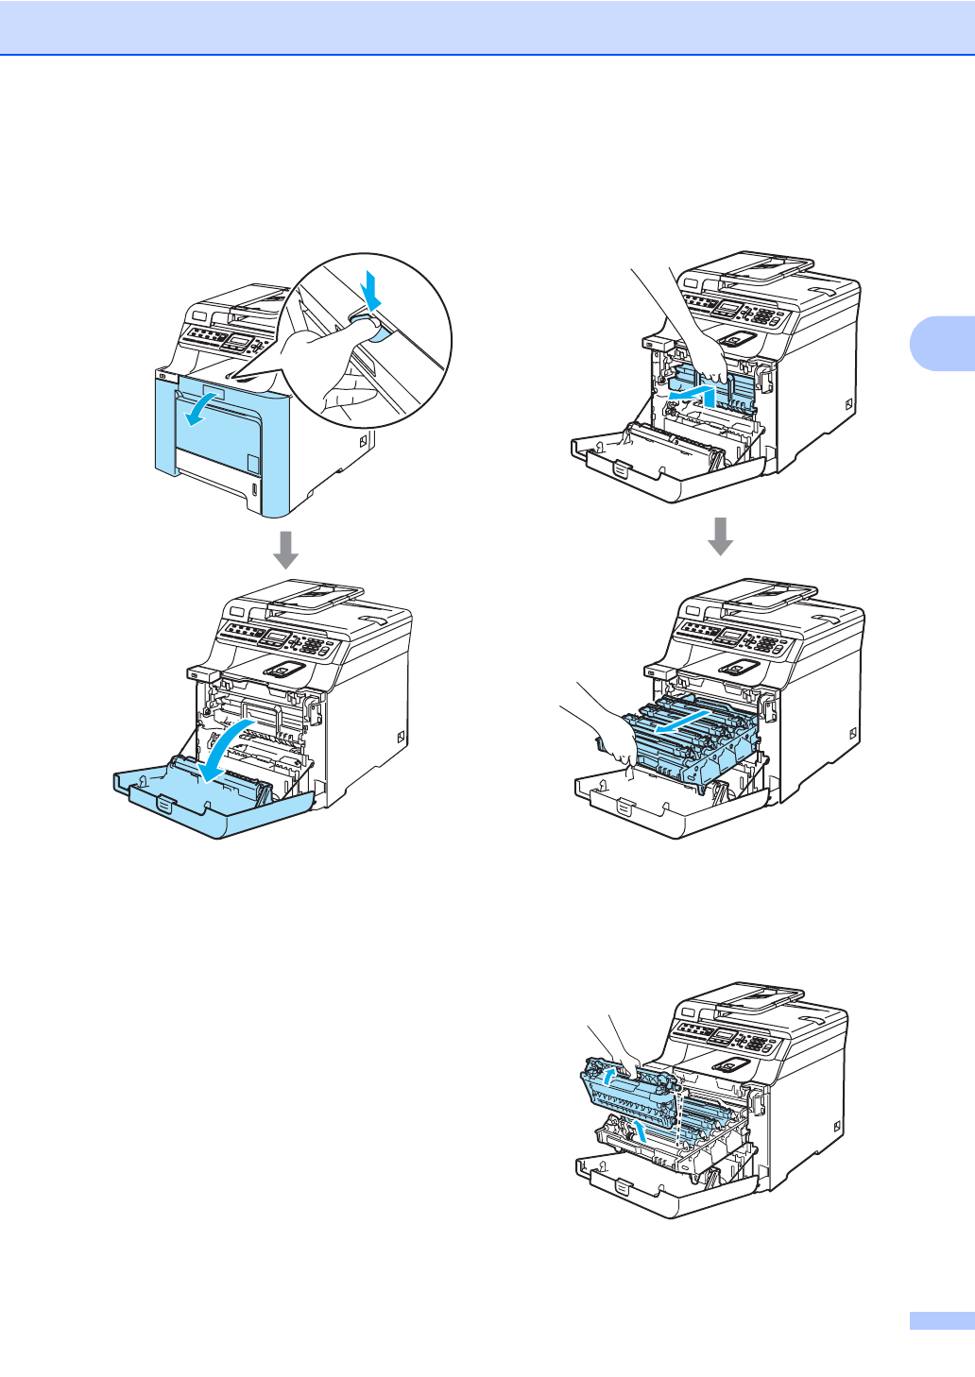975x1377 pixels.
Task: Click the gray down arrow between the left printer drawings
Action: [285, 550]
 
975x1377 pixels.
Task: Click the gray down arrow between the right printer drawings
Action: [721, 535]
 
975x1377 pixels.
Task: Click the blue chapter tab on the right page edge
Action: [941, 343]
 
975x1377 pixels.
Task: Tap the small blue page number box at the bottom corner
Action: [941, 1320]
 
